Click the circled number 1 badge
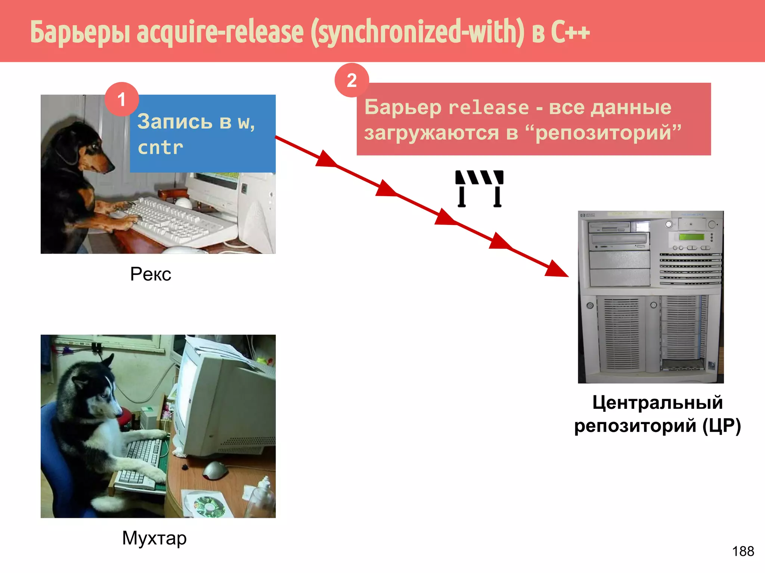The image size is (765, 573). coord(122,99)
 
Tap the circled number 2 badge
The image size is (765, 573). coord(351,80)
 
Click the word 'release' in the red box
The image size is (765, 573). coord(489,108)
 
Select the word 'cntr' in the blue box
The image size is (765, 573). coord(160,148)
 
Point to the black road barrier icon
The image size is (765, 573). coord(479,188)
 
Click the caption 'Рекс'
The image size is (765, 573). coord(151,274)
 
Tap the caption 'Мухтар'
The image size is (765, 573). coord(154,538)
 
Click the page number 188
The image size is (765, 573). coord(743,551)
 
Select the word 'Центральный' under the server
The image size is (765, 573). coord(657,403)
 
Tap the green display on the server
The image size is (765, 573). coord(691,237)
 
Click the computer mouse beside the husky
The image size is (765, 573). coord(215,470)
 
